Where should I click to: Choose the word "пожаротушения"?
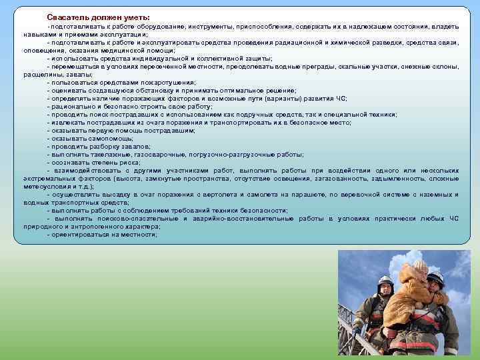pyautogui.click(x=164, y=82)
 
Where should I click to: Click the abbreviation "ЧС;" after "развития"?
pyautogui.click(x=340, y=98)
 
